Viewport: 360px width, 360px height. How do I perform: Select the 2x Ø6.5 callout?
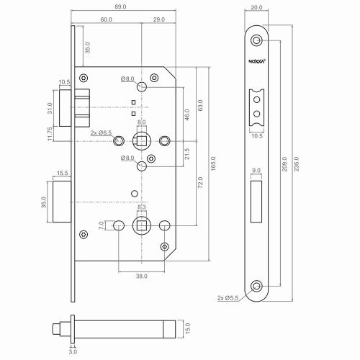[x=102, y=133]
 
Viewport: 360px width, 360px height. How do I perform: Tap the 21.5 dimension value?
[x=186, y=153]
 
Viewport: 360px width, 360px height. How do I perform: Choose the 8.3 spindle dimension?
[x=142, y=207]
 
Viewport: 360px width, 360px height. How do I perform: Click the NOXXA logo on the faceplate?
[x=258, y=62]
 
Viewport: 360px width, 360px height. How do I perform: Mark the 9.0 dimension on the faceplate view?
[x=257, y=171]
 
